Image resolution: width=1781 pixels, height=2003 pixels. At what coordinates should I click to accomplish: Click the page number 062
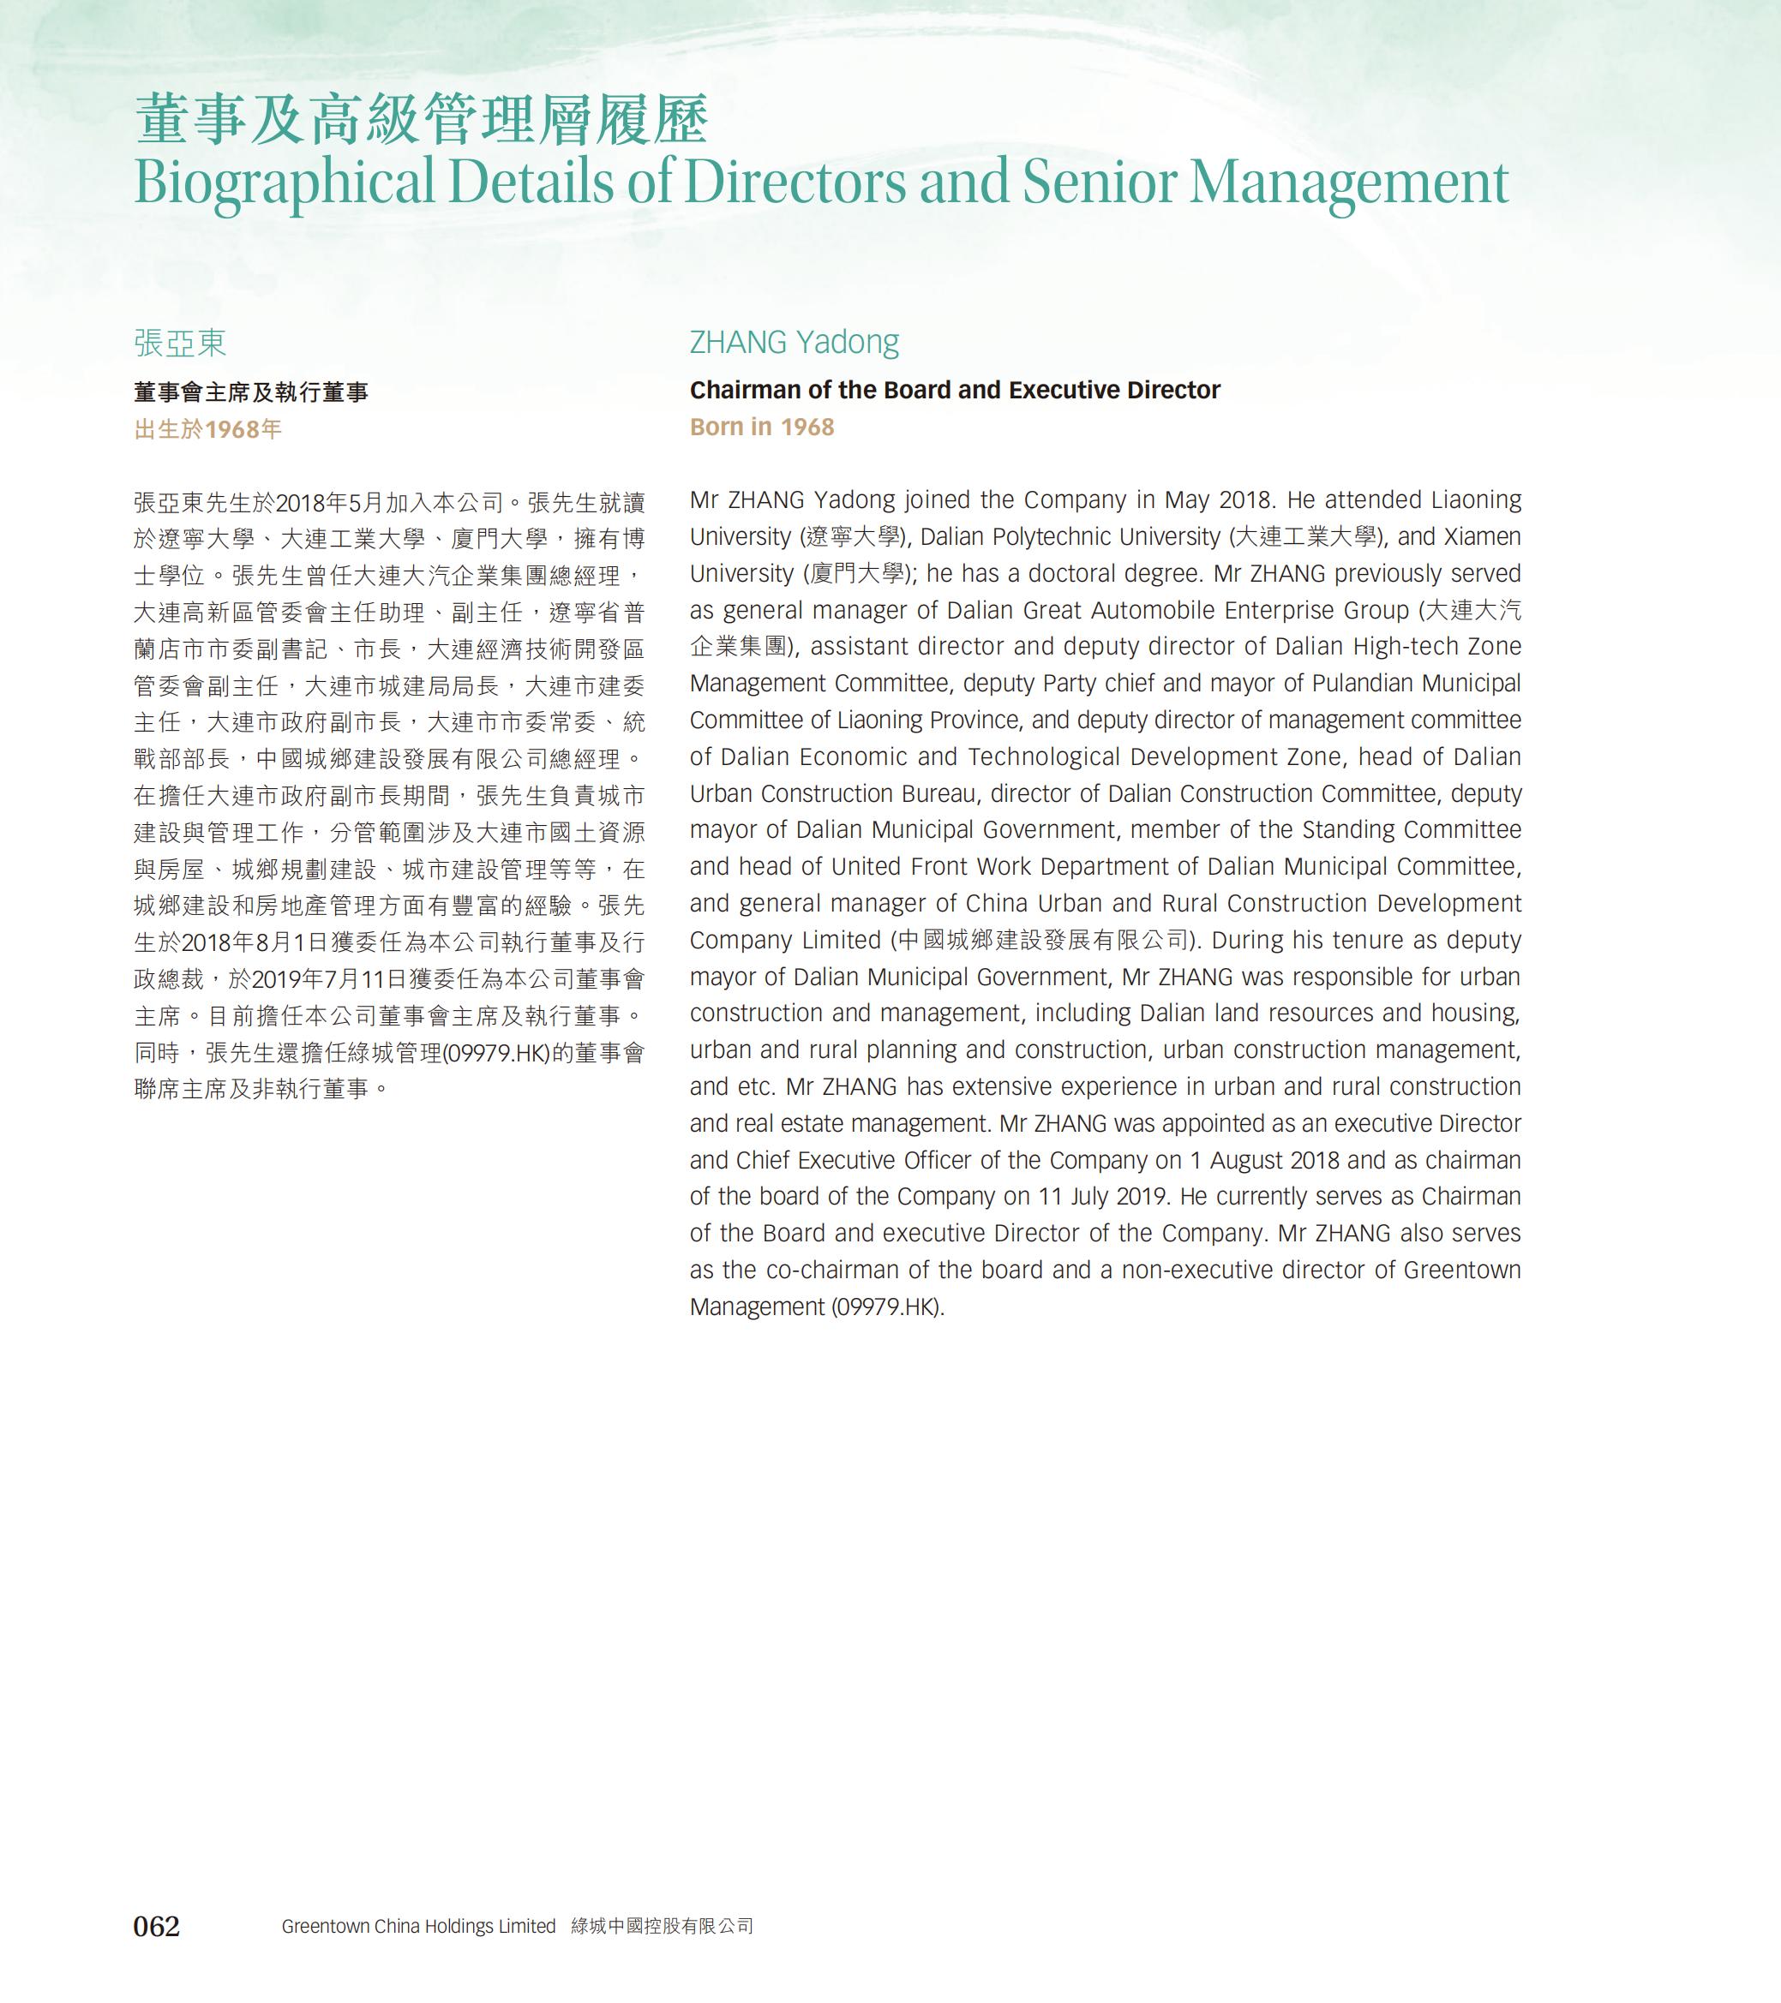click(157, 1926)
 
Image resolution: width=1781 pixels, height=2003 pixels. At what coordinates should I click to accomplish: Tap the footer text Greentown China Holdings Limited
click(418, 1926)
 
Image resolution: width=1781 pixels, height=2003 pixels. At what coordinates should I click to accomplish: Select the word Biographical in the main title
click(285, 182)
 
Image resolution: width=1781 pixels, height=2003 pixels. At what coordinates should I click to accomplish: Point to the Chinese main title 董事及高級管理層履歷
click(422, 121)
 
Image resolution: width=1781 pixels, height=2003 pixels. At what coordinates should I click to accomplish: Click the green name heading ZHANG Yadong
click(794, 342)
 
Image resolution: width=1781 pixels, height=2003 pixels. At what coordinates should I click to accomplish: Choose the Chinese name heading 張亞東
click(180, 343)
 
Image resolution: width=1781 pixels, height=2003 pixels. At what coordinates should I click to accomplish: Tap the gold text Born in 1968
click(762, 428)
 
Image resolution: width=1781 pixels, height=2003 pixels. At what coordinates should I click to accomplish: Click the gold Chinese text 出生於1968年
click(207, 429)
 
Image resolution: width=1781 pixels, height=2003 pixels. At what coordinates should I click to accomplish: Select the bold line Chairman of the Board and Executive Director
click(955, 390)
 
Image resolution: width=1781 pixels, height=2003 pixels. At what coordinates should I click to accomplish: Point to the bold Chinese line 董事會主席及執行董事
click(251, 393)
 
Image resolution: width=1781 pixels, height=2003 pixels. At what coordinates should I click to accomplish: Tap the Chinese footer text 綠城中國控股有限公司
click(663, 1926)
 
